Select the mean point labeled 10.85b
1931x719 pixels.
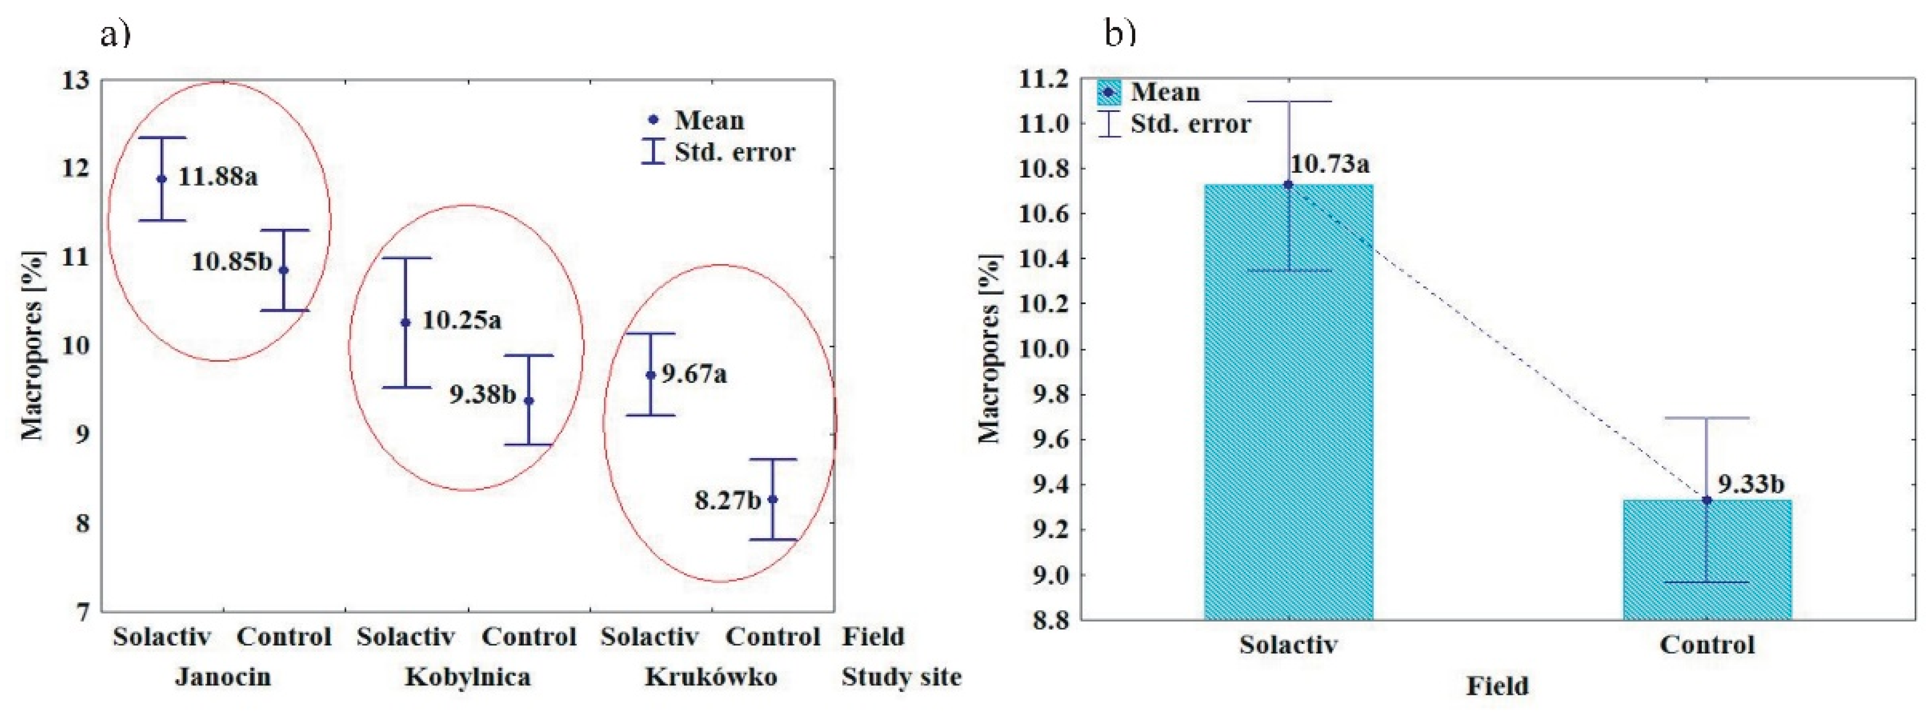point(283,270)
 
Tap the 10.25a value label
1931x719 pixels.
point(461,321)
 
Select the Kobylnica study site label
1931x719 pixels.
point(468,677)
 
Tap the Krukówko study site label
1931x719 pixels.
point(711,677)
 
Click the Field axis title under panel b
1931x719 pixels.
point(1497,686)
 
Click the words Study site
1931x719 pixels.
point(901,677)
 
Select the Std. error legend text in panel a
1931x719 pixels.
point(735,152)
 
